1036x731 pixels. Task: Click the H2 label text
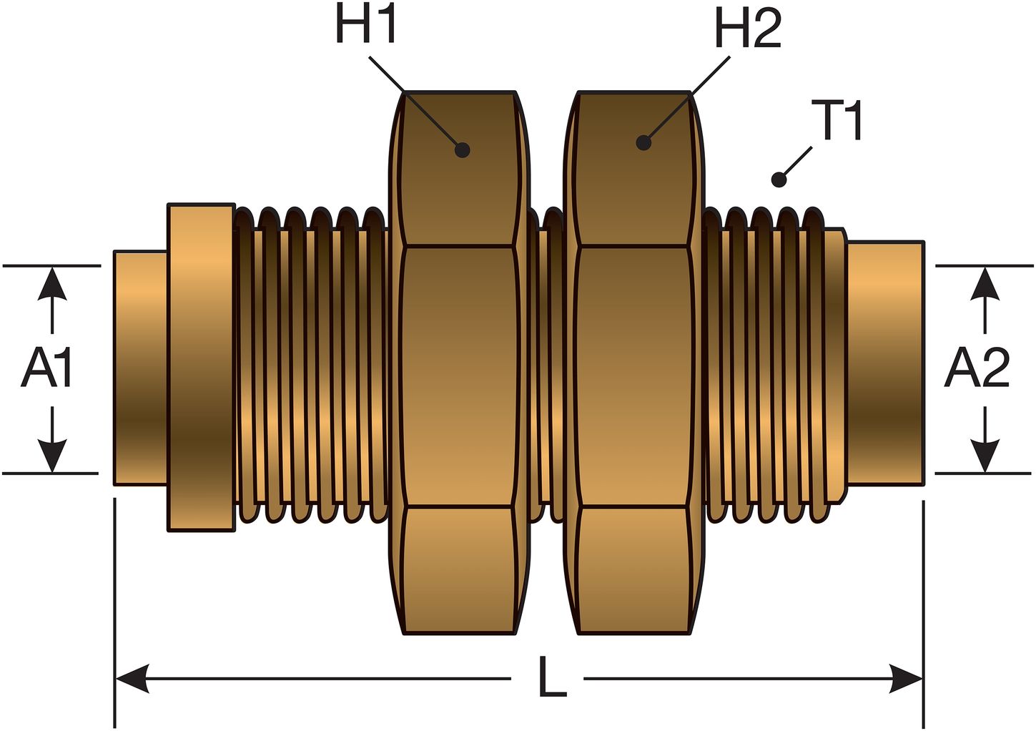click(x=748, y=31)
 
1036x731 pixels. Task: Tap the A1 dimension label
click(x=47, y=368)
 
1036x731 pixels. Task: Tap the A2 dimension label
click(x=977, y=368)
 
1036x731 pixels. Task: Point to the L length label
click(x=551, y=677)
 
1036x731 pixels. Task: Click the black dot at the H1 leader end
click(x=463, y=149)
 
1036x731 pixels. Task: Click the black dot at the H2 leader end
click(x=643, y=142)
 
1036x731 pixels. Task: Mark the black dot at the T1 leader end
click(x=779, y=180)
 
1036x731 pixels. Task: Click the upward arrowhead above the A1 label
click(x=51, y=283)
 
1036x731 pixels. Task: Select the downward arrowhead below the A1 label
click(x=51, y=456)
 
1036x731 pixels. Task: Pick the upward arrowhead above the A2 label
click(x=986, y=283)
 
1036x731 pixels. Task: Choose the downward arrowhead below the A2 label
click(x=986, y=456)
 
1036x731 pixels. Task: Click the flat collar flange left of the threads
click(x=201, y=368)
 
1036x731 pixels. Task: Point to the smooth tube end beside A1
click(x=140, y=368)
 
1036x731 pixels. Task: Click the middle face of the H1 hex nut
click(x=458, y=377)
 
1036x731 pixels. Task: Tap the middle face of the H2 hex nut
click(x=633, y=377)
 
